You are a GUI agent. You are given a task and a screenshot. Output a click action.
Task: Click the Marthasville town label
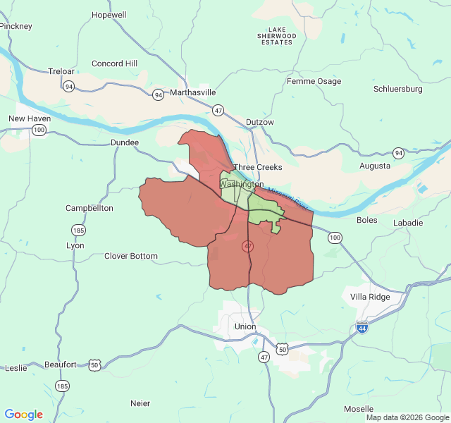(x=192, y=92)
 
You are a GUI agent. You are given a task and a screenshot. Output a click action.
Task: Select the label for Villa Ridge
(x=370, y=297)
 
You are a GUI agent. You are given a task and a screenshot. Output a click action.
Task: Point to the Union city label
(x=245, y=326)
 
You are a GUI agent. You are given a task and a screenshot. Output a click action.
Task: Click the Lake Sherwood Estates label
(x=277, y=35)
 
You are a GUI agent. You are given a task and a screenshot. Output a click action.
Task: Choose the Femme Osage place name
(x=314, y=81)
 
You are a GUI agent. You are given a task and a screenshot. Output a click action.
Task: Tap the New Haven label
(x=30, y=118)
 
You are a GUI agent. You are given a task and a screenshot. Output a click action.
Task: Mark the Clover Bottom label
(x=131, y=256)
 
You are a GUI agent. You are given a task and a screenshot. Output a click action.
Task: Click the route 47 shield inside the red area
(x=247, y=246)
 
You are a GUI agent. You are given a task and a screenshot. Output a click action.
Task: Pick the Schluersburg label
(x=397, y=89)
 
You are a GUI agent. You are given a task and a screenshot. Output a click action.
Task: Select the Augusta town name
(x=374, y=166)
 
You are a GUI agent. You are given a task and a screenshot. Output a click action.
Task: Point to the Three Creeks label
(x=258, y=167)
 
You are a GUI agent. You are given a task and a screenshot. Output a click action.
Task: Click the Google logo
(x=24, y=415)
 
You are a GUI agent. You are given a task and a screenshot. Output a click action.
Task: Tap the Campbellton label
(x=89, y=208)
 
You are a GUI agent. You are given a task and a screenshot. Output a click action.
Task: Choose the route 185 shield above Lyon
(x=78, y=231)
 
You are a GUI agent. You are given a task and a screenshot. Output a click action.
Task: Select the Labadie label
(x=409, y=222)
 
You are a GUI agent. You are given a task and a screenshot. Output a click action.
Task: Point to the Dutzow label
(x=259, y=122)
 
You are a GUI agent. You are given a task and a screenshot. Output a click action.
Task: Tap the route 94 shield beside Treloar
(x=68, y=87)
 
